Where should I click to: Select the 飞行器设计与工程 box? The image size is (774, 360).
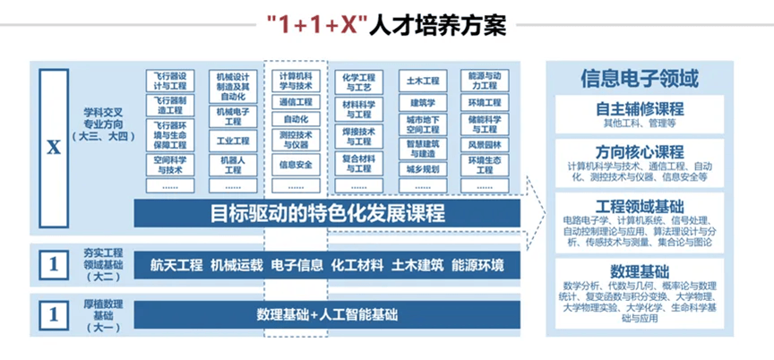170,81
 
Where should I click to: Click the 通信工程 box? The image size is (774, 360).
296,102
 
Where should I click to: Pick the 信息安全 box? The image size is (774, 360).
296,165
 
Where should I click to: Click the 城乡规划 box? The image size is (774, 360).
421,167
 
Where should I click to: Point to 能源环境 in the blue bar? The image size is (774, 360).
477,265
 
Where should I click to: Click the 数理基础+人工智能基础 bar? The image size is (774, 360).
327,314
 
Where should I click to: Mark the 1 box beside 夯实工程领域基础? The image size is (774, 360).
54,265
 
